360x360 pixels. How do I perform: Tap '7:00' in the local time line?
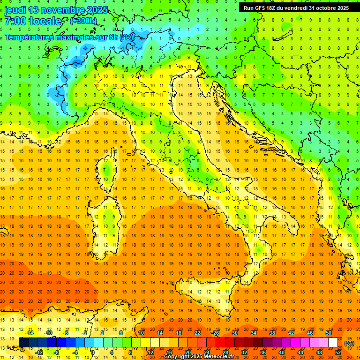[15, 21]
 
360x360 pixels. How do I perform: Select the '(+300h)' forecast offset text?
[83, 21]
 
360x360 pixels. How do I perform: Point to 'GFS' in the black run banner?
[262, 8]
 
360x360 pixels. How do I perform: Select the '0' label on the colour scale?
[93, 352]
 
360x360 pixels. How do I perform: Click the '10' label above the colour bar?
[141, 333]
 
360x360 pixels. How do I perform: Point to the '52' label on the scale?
[338, 352]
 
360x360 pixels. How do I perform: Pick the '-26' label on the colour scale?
[215, 333]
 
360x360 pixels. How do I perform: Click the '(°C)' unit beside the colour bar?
[349, 343]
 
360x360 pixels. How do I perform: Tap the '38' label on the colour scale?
[272, 333]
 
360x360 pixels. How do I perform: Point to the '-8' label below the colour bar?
[57, 352]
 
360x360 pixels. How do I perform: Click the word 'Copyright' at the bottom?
[178, 357]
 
